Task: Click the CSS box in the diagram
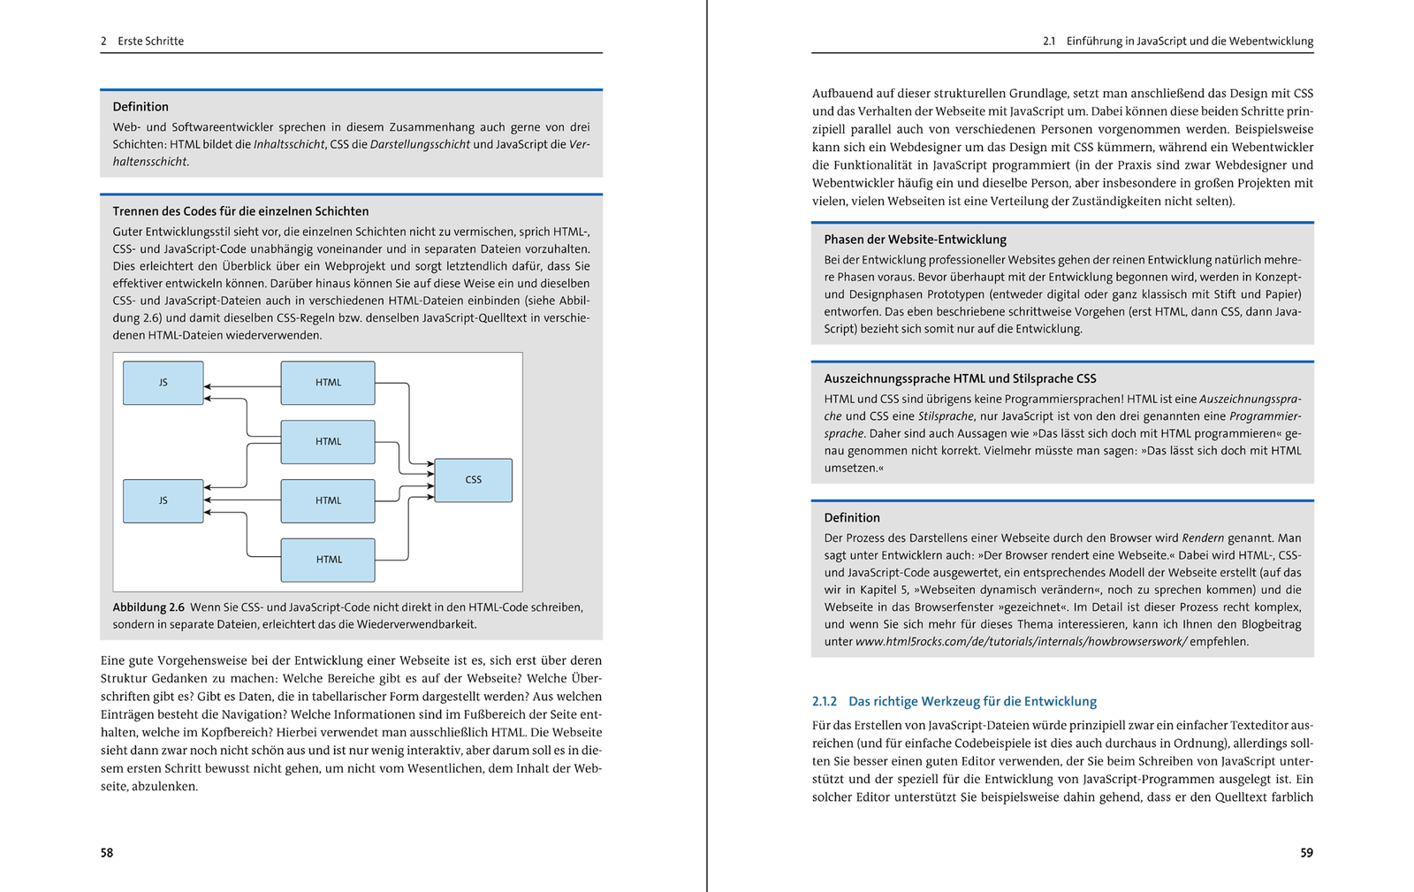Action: point(474,480)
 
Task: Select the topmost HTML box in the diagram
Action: point(328,383)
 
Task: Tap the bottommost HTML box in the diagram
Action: point(328,560)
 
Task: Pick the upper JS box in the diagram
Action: point(163,383)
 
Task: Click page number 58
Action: point(107,853)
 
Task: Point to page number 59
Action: point(1306,853)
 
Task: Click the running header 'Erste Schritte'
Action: point(151,42)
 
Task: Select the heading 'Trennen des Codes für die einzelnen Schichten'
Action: point(240,211)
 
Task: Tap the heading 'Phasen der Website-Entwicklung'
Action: point(915,240)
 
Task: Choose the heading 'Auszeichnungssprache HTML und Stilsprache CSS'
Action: point(960,378)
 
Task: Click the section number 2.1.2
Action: point(825,701)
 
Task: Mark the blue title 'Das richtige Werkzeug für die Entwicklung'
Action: point(972,701)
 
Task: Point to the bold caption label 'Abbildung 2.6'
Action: point(148,607)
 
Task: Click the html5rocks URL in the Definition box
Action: point(1021,642)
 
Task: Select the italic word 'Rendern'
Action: point(1203,537)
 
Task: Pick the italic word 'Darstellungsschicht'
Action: point(420,144)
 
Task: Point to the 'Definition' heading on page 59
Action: point(852,518)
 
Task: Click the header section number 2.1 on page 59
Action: point(1049,42)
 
